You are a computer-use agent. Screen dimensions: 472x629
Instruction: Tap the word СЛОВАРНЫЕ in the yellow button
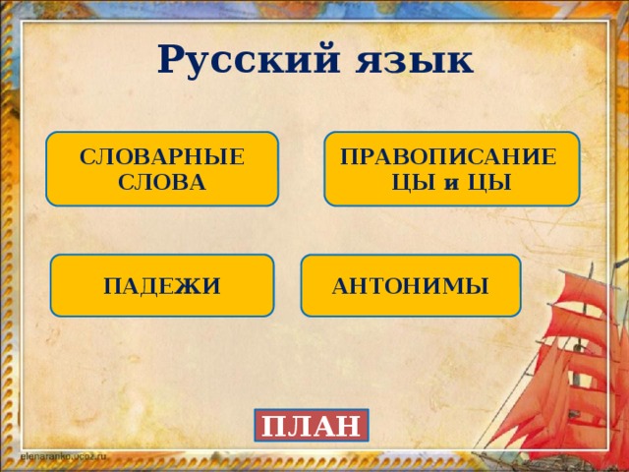click(x=162, y=157)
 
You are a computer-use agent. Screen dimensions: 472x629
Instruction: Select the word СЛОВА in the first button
click(x=162, y=182)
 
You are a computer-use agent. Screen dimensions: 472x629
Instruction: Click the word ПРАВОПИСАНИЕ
click(x=448, y=157)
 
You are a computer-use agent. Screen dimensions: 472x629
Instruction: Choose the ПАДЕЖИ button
click(x=162, y=286)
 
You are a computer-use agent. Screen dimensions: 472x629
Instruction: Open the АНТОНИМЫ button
click(x=411, y=286)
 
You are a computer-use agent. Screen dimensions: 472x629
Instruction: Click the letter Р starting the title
click(x=172, y=61)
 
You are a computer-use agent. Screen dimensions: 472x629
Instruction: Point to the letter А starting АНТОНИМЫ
click(x=340, y=286)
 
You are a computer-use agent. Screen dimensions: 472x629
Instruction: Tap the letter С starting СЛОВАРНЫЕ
click(x=86, y=157)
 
